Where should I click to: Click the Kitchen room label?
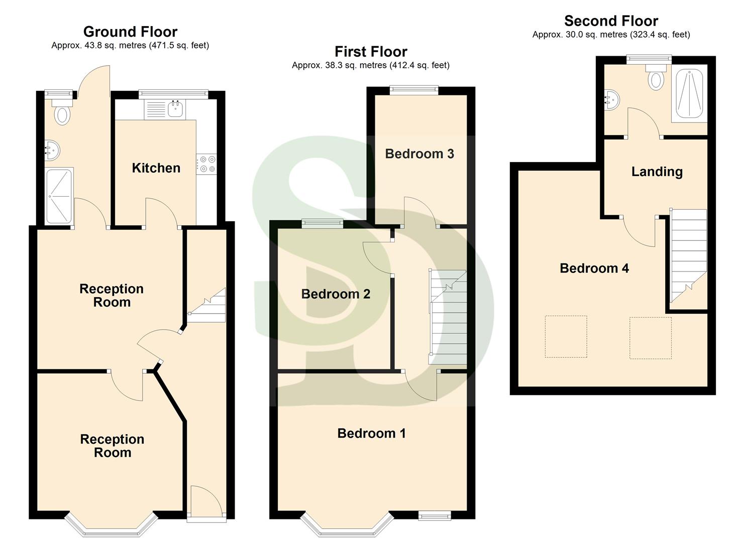tap(156, 168)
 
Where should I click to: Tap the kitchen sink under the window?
tap(175, 109)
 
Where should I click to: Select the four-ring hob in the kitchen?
tap(206, 164)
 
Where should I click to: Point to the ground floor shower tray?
tap(59, 196)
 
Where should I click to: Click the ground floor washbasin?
tap(52, 149)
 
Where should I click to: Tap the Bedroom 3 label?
tap(419, 154)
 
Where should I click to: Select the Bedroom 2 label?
tap(336, 294)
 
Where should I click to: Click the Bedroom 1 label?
tap(371, 433)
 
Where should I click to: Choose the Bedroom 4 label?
tap(594, 268)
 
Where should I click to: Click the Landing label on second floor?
tap(657, 172)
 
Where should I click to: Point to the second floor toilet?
tap(656, 78)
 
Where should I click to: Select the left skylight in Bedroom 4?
tap(566, 336)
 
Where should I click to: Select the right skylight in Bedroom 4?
tap(650, 338)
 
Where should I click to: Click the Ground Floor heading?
tap(130, 32)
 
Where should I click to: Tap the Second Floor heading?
tap(611, 21)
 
